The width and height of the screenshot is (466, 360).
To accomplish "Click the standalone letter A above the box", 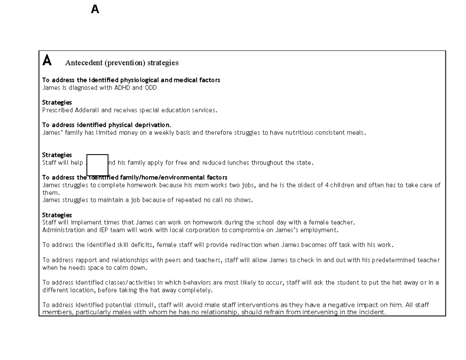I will click(x=95, y=9).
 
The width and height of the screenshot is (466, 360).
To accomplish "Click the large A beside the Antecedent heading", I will click(x=47, y=61).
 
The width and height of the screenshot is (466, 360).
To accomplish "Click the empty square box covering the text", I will click(x=97, y=165).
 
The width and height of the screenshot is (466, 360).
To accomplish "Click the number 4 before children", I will click(x=327, y=185).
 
